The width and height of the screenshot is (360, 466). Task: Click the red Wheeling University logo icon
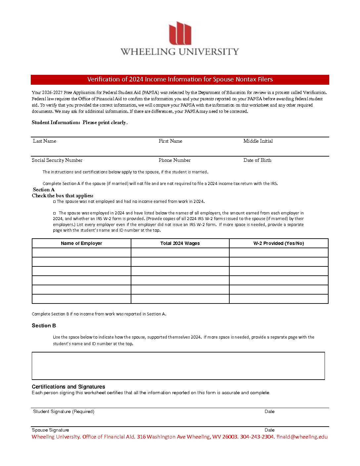180,33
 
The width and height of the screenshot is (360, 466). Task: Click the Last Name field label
44,141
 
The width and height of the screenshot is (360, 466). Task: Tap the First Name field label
170,141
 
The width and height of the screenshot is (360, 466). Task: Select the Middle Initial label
258,141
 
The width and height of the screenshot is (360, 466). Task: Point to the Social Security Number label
57,160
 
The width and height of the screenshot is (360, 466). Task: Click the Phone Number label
174,160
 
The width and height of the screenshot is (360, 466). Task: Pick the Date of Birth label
257,160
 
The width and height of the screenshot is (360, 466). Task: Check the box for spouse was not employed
55,202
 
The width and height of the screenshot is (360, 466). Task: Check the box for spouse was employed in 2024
55,213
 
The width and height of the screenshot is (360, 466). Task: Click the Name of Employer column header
81,243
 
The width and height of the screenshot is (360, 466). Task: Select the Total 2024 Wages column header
180,243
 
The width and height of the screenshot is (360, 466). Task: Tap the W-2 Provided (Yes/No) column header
279,243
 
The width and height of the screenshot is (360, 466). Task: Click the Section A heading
44,190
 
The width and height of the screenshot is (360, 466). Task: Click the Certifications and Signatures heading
68,387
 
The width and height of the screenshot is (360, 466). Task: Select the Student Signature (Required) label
64,411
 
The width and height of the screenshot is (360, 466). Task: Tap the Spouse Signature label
50,430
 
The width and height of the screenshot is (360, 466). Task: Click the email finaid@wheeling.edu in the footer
302,437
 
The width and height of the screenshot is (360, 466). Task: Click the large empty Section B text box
178,366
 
